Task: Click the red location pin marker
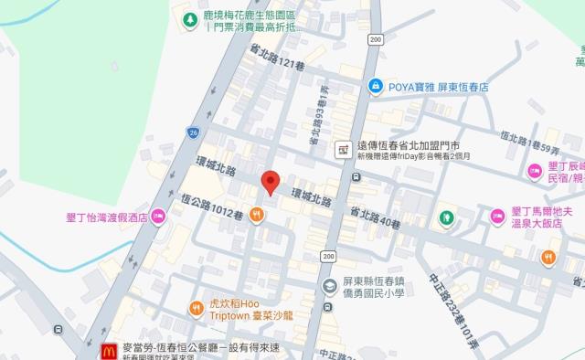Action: click(x=270, y=182)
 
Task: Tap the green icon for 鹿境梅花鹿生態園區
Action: click(x=189, y=19)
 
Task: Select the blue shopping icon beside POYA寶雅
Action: click(x=375, y=86)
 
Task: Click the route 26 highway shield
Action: click(x=193, y=132)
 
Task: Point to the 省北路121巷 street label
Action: click(x=275, y=60)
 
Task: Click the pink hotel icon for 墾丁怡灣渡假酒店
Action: click(x=158, y=218)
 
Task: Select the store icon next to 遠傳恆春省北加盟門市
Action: click(x=343, y=147)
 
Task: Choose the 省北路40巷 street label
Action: click(x=375, y=217)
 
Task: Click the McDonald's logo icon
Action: click(x=106, y=349)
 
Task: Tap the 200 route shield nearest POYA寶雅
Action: click(x=376, y=40)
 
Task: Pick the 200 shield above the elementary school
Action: click(x=328, y=255)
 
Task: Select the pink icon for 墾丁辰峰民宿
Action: click(x=535, y=170)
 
